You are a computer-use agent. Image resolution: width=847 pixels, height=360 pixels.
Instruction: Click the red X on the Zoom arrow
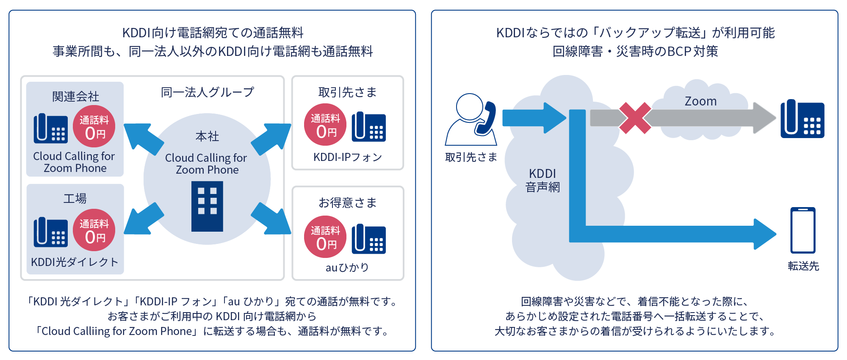635,118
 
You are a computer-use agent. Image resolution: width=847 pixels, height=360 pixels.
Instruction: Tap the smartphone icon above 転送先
803,230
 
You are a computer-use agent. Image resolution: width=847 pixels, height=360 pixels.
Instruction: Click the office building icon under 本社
207,206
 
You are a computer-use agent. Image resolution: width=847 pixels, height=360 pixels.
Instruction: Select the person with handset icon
471,119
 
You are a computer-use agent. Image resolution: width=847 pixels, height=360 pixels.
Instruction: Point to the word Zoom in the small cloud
700,101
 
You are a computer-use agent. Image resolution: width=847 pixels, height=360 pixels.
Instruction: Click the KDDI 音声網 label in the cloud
543,180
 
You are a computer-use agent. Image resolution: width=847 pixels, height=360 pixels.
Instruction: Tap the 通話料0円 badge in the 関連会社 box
94,126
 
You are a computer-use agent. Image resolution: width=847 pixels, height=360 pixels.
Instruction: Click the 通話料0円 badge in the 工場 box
94,230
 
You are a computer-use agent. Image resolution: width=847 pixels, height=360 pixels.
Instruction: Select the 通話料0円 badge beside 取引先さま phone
325,125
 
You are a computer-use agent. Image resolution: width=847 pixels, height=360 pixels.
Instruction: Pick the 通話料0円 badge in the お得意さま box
325,237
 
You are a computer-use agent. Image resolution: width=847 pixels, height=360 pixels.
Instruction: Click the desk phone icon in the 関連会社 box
50,128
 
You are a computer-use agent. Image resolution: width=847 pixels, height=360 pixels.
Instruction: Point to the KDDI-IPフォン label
348,158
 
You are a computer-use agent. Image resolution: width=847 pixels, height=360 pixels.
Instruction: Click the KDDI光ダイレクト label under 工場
75,262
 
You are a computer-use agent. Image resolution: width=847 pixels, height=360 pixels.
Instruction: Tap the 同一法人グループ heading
208,92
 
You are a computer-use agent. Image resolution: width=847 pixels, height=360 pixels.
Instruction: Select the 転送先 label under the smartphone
803,266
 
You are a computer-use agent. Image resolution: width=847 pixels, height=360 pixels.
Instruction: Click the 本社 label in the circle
207,136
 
